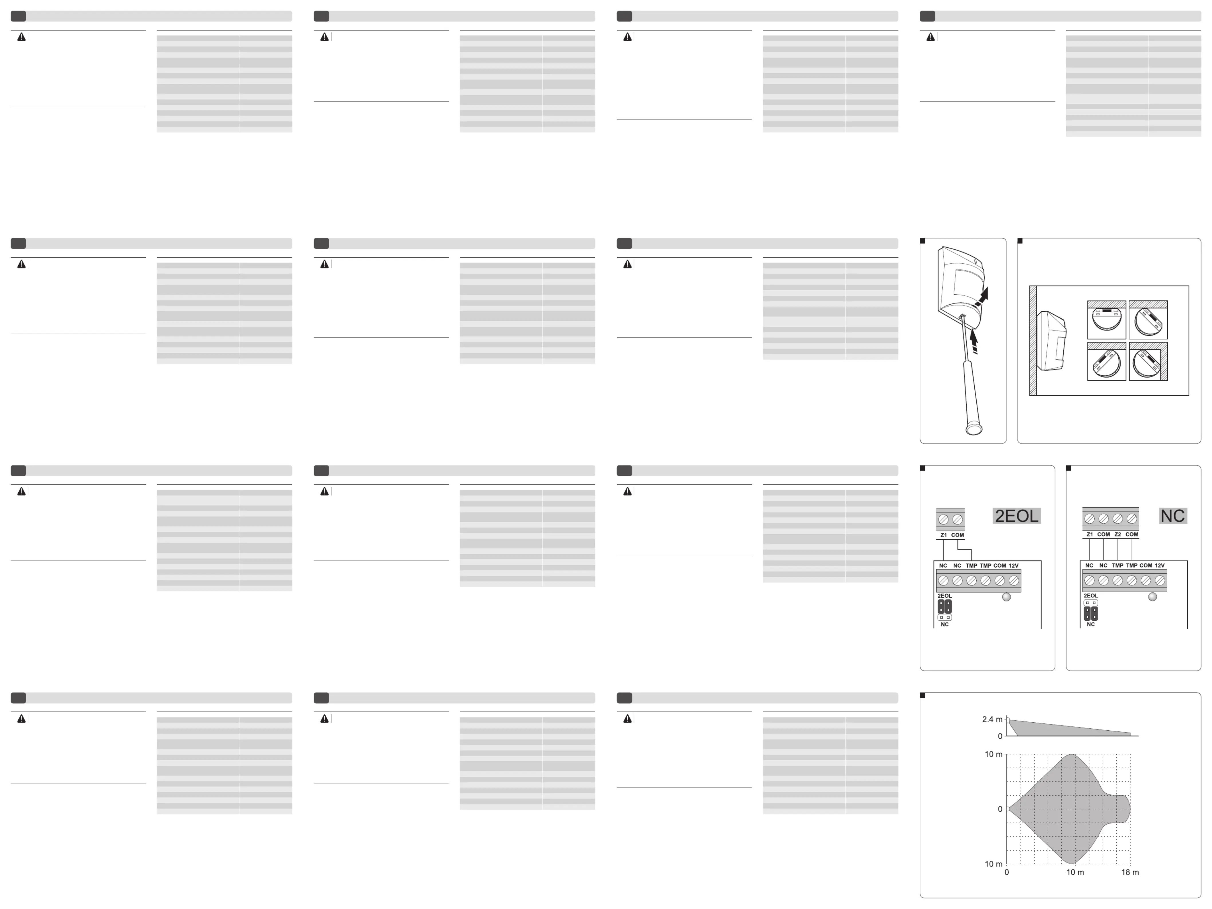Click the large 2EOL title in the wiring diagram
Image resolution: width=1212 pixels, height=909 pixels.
1016,516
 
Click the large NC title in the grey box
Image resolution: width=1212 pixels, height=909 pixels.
1172,516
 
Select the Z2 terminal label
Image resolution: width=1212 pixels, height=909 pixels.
1118,534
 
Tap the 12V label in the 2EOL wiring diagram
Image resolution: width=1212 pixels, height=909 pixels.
1014,565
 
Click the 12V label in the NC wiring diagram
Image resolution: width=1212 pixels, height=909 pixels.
1160,565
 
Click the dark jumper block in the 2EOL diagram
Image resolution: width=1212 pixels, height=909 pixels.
945,607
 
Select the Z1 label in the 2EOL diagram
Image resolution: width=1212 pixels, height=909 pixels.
943,535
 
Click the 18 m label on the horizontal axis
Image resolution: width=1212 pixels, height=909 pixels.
1130,872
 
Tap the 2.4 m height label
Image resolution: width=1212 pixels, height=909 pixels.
992,719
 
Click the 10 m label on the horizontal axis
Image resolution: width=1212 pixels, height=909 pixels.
1075,872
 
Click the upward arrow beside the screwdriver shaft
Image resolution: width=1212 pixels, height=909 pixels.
974,341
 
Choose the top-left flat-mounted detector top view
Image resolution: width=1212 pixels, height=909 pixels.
1107,320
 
